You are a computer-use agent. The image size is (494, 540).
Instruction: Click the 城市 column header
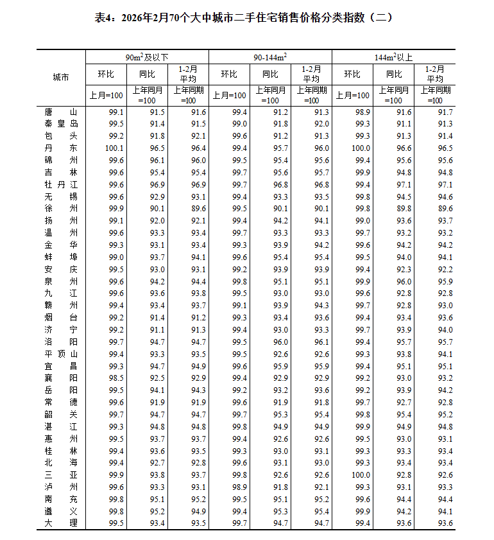pos(60,78)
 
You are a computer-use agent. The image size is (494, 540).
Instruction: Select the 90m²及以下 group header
pos(147,57)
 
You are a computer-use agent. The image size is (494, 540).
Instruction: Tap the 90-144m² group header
pos(270,57)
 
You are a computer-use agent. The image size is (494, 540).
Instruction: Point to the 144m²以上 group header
pos(394,57)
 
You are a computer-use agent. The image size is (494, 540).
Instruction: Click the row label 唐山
pos(60,112)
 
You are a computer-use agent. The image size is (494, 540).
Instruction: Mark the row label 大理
pos(60,523)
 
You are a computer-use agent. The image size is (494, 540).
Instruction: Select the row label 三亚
pos(60,475)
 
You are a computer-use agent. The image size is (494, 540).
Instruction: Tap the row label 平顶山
pos(60,354)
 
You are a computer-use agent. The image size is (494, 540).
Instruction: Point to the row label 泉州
pos(60,281)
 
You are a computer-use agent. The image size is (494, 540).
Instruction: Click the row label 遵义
pos(60,511)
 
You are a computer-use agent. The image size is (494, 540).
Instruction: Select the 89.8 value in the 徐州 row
pos(404,209)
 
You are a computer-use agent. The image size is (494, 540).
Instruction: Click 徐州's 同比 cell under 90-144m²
pos(280,209)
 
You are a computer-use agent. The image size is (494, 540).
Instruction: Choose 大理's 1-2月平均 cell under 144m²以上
pos(445,523)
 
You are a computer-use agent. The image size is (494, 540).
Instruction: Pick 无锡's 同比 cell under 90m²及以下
pos(157,196)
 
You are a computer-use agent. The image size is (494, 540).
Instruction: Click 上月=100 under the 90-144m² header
pos(229,95)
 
